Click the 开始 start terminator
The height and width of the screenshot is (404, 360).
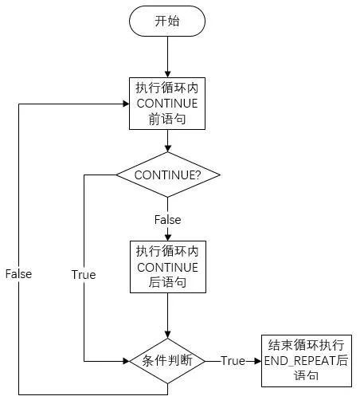[x=167, y=22]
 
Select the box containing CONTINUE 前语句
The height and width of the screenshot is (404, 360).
[x=167, y=104]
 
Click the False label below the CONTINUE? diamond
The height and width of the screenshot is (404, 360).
[x=167, y=219]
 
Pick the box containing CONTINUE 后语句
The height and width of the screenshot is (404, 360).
[x=167, y=266]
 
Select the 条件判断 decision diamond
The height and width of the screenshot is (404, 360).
[x=167, y=360]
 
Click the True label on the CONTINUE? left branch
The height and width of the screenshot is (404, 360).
[x=83, y=274]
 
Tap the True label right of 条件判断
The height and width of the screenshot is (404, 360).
[x=233, y=360]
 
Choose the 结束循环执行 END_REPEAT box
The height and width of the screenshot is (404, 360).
[x=306, y=360]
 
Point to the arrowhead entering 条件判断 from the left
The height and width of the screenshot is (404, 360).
[x=125, y=360]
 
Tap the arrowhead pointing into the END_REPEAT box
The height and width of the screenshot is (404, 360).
[x=257, y=360]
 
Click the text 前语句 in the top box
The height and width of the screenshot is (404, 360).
[x=167, y=120]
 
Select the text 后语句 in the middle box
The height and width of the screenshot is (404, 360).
[x=167, y=283]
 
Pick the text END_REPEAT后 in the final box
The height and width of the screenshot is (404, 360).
[x=306, y=360]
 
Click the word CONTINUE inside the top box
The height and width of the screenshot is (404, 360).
[x=167, y=104]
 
